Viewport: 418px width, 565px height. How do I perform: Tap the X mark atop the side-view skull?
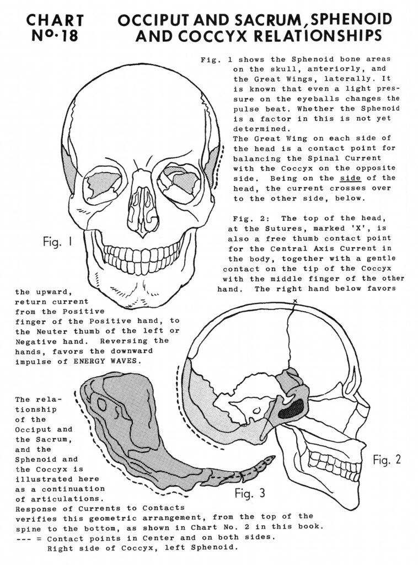[295, 300]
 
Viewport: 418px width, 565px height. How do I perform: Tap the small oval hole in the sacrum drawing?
[102, 404]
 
